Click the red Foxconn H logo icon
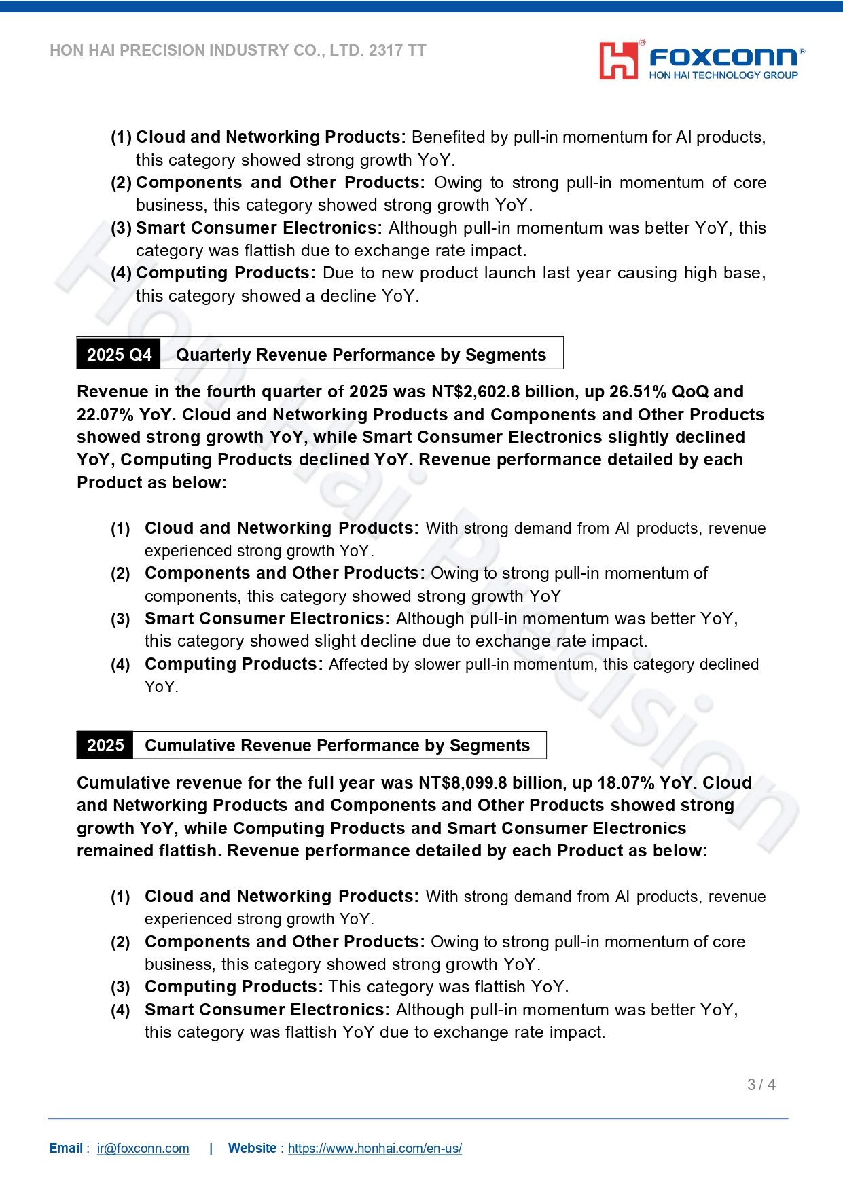pyautogui.click(x=617, y=61)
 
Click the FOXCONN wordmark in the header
pyautogui.click(x=723, y=58)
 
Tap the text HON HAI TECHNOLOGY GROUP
pyautogui.click(x=723, y=75)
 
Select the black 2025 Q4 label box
pyautogui.click(x=119, y=355)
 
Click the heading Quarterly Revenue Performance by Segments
pyautogui.click(x=361, y=355)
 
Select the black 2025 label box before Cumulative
pyautogui.click(x=105, y=745)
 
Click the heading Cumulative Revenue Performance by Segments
pyautogui.click(x=337, y=745)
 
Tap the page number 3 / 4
pyautogui.click(x=761, y=1085)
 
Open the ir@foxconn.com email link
pyautogui.click(x=143, y=1149)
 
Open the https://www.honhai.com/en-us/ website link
pyautogui.click(x=374, y=1149)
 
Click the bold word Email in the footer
pyautogui.click(x=66, y=1149)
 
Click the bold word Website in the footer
pyautogui.click(x=252, y=1149)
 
